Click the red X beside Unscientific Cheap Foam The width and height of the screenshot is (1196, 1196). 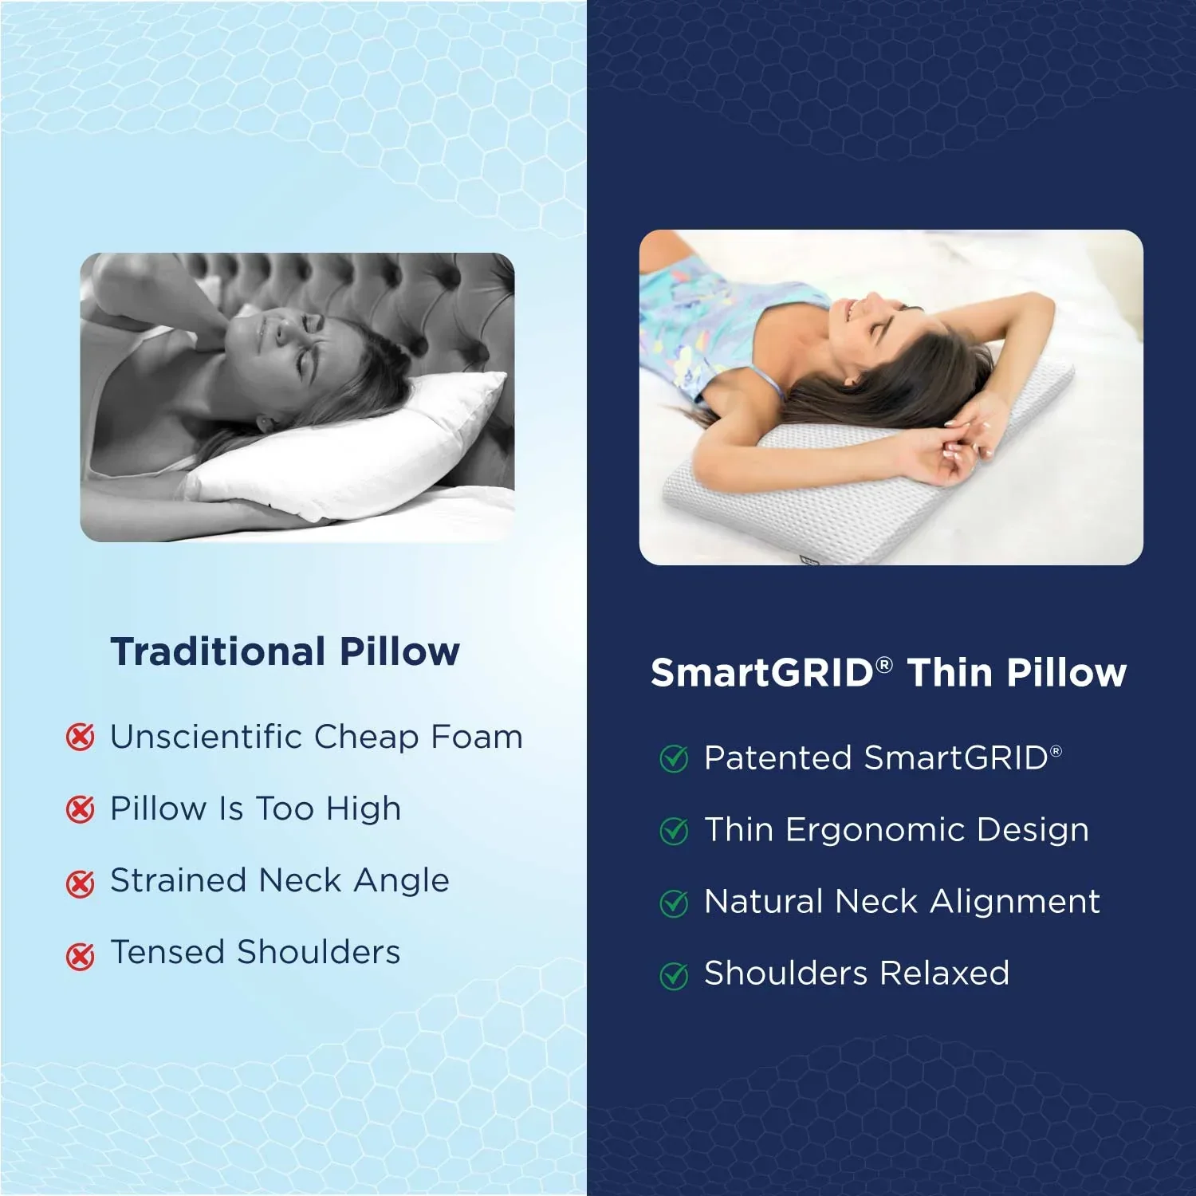point(80,738)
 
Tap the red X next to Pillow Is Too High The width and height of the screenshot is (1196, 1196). point(80,809)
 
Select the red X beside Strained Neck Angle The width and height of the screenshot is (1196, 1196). point(80,883)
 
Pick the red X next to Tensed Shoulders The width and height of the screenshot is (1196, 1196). point(80,954)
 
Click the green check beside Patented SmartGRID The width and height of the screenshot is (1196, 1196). point(674,759)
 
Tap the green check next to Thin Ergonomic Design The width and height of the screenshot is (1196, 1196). point(674,831)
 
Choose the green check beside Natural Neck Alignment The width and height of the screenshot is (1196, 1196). point(674,903)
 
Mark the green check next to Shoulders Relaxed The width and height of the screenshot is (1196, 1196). point(674,975)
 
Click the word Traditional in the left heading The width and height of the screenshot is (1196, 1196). point(218,651)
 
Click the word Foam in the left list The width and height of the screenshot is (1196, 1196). point(476,737)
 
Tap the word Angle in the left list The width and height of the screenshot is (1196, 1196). point(401,881)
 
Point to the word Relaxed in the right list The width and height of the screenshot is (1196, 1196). point(944,974)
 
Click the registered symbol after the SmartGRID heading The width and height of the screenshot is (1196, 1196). point(884,664)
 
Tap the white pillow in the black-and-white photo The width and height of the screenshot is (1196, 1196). point(351,454)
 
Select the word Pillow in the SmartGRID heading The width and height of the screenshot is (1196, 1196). point(1066,672)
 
